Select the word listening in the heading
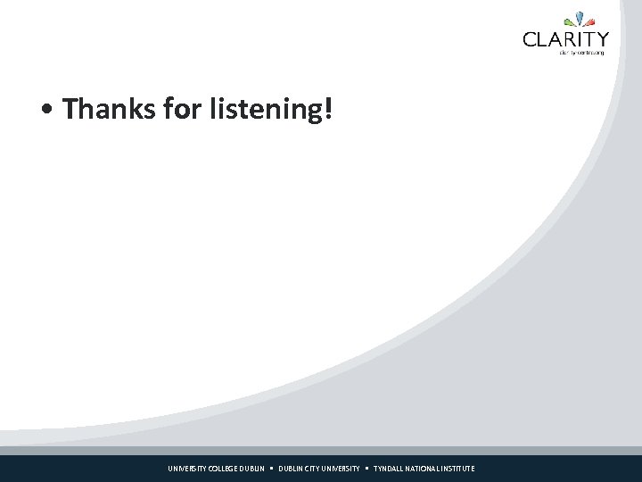coord(267,111)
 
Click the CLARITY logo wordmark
coord(566,39)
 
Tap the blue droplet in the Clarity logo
coord(580,19)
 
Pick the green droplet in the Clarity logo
coord(570,22)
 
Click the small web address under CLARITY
coord(581,53)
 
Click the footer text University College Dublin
coord(216,469)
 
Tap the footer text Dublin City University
coord(319,469)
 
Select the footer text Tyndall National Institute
coord(424,469)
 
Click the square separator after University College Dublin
coord(272,469)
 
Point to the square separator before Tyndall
coord(366,469)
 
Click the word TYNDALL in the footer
coord(389,469)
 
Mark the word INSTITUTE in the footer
coord(458,469)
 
